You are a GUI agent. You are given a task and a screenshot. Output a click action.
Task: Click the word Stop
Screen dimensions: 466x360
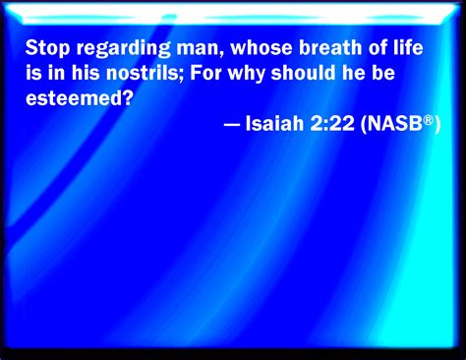tap(47, 48)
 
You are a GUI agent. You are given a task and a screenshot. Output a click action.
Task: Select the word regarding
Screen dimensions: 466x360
tap(123, 49)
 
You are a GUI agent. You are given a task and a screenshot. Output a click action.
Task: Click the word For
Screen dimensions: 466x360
tap(205, 73)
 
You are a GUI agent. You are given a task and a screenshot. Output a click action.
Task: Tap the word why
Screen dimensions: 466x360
tap(246, 74)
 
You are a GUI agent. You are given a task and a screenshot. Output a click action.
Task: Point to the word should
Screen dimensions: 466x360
tap(304, 73)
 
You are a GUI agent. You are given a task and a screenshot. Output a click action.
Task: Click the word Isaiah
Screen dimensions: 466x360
tap(274, 123)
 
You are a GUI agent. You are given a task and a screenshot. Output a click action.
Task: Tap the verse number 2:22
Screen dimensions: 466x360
tap(332, 123)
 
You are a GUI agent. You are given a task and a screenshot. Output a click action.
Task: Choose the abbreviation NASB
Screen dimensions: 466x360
tap(393, 123)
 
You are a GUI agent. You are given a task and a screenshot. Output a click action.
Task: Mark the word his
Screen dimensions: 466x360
tap(86, 73)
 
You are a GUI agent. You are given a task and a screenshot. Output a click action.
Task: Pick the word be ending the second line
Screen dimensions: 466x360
tap(383, 73)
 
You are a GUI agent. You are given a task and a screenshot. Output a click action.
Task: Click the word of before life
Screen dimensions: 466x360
tap(378, 47)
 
